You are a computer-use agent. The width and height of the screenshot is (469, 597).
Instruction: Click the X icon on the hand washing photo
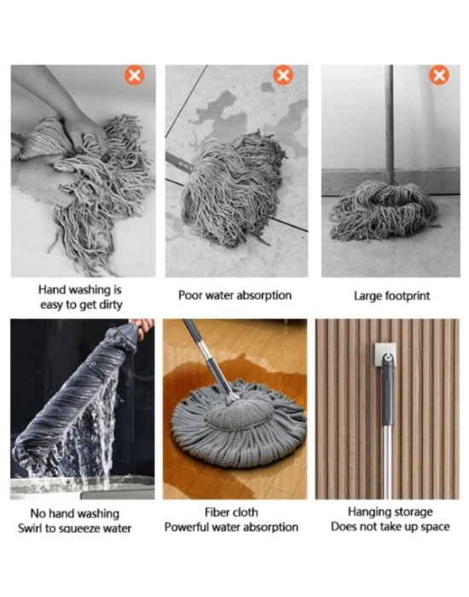coord(135,75)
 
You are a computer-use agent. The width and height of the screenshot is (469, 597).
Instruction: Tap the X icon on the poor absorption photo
coord(283,75)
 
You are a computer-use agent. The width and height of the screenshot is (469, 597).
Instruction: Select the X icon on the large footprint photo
coord(439,75)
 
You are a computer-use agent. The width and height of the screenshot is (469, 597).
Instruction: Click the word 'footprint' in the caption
coord(408,296)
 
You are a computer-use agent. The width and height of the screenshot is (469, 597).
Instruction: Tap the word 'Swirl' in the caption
coord(30,529)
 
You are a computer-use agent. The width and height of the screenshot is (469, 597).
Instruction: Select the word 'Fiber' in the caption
coord(217,513)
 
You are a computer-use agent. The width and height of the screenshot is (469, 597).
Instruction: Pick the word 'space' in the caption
coord(436,527)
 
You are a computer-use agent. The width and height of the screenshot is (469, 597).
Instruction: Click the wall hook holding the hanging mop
coord(385,354)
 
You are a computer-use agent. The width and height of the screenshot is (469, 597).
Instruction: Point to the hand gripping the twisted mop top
coord(142,327)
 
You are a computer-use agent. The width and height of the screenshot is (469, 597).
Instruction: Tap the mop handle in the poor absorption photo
coord(179,162)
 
